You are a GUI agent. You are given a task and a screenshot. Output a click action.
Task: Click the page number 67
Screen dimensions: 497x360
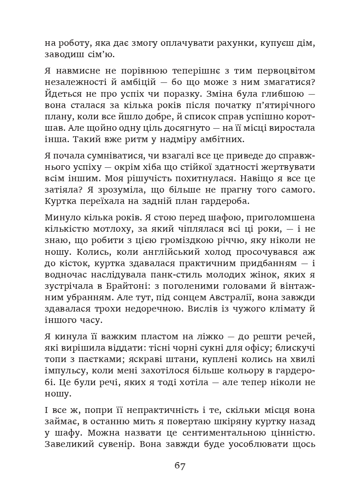(180, 466)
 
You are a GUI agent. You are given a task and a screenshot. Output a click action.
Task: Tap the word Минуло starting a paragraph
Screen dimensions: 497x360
(61, 218)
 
